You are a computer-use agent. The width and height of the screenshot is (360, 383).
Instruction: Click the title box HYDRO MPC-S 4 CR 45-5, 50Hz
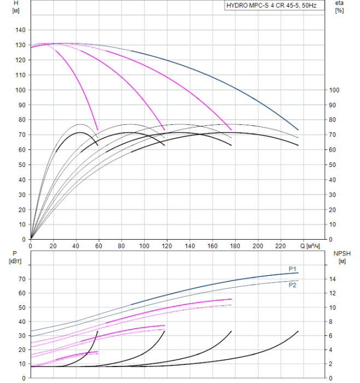pos(275,5)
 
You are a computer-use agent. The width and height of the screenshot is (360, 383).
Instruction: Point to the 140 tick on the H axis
pos(20,30)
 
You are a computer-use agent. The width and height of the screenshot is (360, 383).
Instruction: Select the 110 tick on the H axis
pos(20,75)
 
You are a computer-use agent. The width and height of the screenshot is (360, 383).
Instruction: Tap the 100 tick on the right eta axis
pos(334,90)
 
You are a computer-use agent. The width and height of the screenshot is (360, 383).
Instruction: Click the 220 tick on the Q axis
pos(280,246)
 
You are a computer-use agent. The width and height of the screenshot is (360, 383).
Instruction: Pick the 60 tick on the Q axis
pos(98,246)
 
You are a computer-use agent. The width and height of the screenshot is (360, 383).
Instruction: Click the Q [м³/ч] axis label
pos(310,246)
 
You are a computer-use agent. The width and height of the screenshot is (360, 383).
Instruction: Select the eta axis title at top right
pos(340,7)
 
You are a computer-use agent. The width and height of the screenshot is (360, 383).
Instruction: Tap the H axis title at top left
pos(16,7)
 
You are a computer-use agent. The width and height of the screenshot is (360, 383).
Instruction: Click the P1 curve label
pos(292,269)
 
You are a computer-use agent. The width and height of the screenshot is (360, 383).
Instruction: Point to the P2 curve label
pos(292,285)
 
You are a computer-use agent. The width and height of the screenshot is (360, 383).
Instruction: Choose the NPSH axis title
pos(342,258)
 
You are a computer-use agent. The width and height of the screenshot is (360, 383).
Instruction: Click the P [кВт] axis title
pos(15,258)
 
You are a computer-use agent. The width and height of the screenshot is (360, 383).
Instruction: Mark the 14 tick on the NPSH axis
pos(333,279)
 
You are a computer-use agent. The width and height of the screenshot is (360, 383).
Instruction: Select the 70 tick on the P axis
pos(22,279)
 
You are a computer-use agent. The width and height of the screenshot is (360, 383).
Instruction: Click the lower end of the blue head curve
pos(298,130)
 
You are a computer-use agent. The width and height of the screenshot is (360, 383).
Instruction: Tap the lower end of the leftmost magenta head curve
pos(98,130)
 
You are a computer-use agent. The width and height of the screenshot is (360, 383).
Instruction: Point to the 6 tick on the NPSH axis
pos(330,335)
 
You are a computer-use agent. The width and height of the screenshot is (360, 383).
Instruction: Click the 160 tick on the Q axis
pos(212,246)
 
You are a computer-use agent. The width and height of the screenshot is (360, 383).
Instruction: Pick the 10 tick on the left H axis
pos(22,224)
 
